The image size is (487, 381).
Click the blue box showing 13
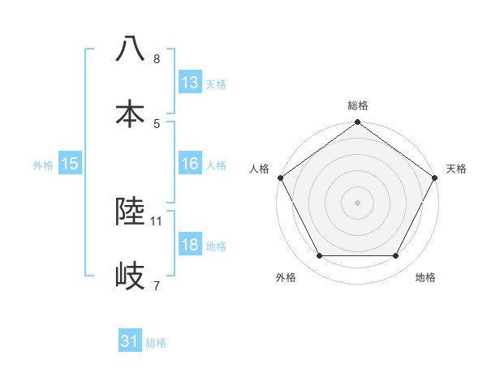point(190,83)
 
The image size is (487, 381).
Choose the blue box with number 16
point(190,164)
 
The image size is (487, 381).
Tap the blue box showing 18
point(190,245)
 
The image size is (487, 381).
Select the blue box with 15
point(70,164)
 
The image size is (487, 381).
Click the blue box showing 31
point(130,342)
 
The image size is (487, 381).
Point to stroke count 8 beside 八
point(157,59)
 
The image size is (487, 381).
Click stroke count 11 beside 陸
point(157,220)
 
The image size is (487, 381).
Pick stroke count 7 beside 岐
point(157,285)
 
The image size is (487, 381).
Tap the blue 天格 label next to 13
point(216,83)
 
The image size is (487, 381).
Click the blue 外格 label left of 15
point(43,165)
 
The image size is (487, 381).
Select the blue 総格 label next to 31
point(156,343)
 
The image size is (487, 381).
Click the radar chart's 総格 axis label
point(358,105)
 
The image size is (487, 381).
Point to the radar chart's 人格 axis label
point(260,169)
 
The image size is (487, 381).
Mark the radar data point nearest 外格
point(319,256)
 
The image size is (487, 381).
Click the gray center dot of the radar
point(358,202)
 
